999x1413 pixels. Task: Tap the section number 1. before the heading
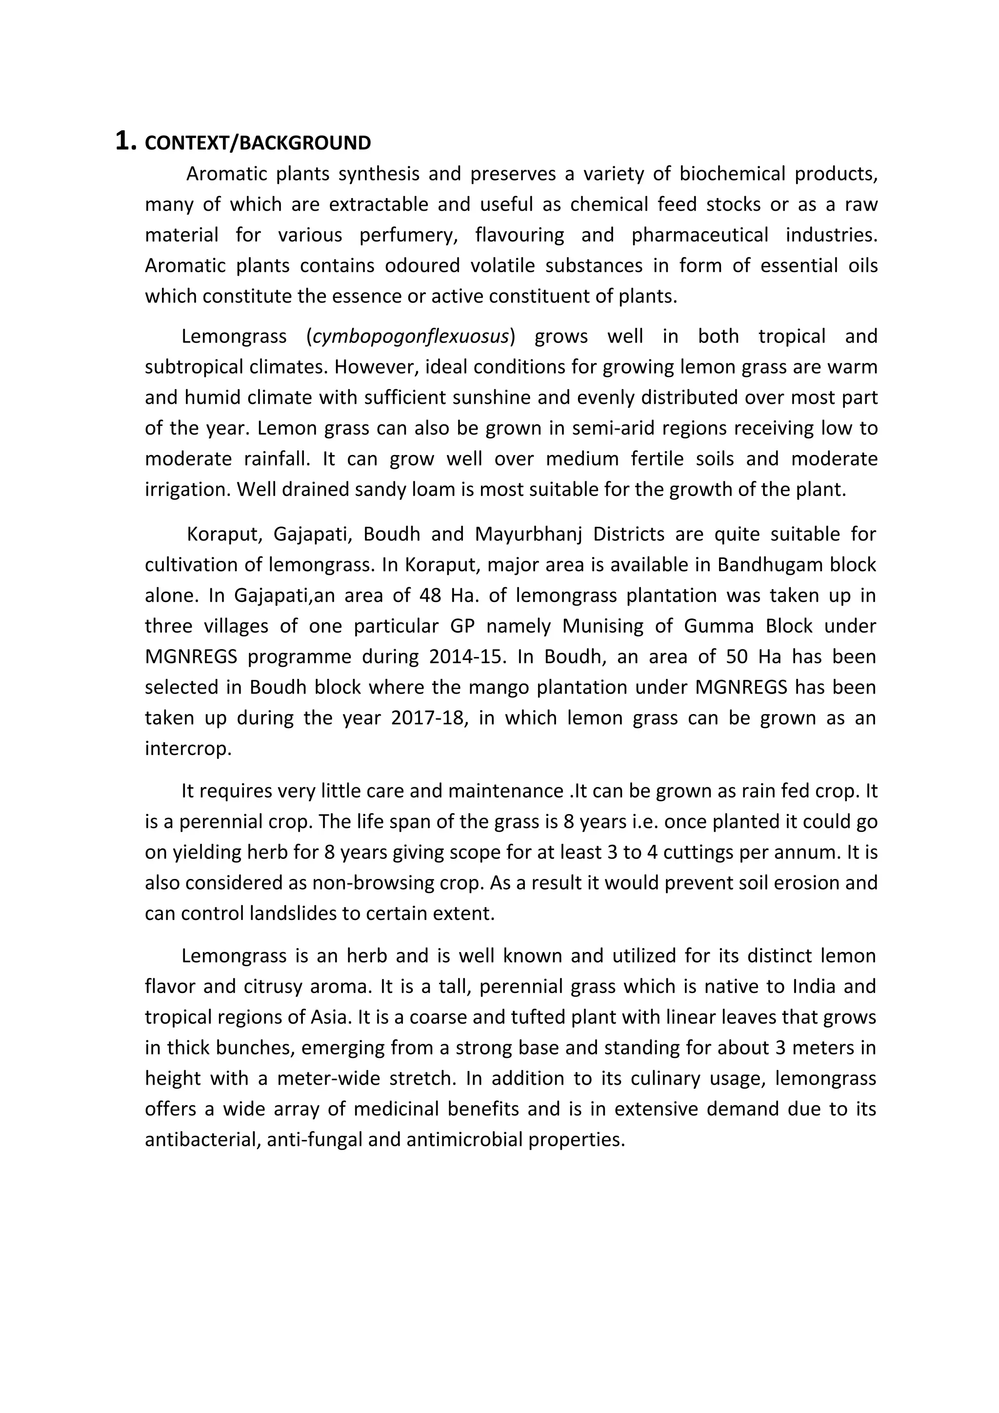(125, 141)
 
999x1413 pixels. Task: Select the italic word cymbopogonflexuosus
(411, 337)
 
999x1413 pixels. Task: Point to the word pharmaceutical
(700, 235)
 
